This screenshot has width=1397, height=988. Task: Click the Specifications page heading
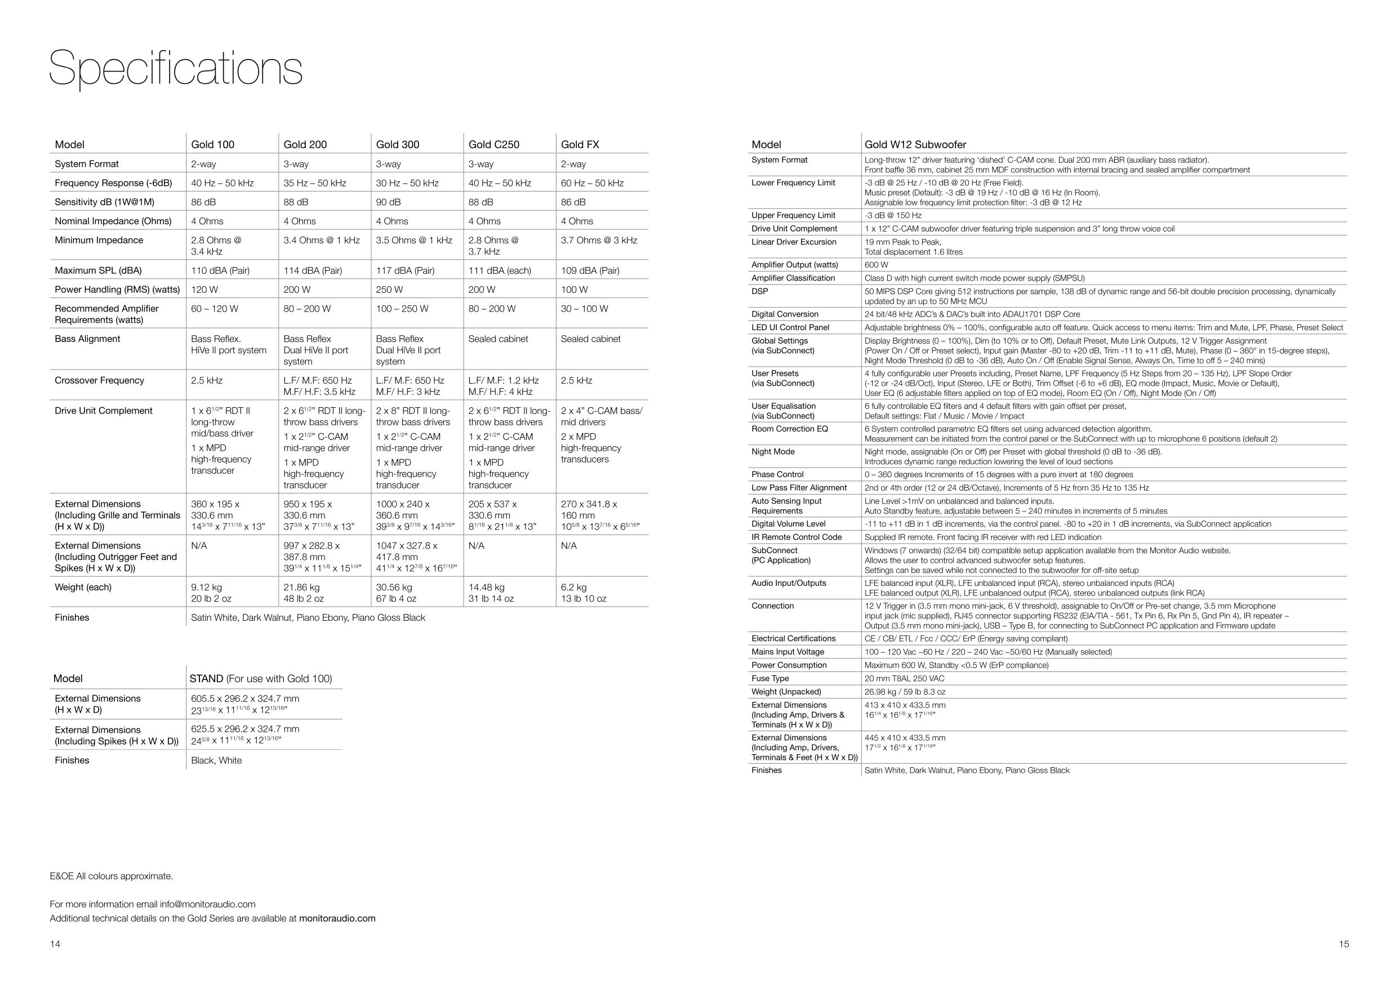175,68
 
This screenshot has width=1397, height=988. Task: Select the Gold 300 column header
397,144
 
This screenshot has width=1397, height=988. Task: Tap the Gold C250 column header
493,144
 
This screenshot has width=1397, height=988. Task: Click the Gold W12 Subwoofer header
915,144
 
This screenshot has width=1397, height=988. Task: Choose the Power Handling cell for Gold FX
574,290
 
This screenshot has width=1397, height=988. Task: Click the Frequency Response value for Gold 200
314,183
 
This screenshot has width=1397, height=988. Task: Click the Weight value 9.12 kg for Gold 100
206,588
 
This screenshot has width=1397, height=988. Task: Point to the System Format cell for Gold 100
203,164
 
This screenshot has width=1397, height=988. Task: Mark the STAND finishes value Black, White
216,760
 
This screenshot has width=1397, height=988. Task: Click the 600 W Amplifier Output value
876,265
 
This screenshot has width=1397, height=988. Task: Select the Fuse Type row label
769,679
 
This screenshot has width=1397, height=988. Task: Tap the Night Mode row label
773,452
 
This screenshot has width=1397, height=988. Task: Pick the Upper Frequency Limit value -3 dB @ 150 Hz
893,216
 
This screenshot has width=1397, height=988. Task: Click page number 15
1343,944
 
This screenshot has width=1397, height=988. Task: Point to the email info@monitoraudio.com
207,905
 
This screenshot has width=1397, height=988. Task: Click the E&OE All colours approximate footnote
112,876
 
